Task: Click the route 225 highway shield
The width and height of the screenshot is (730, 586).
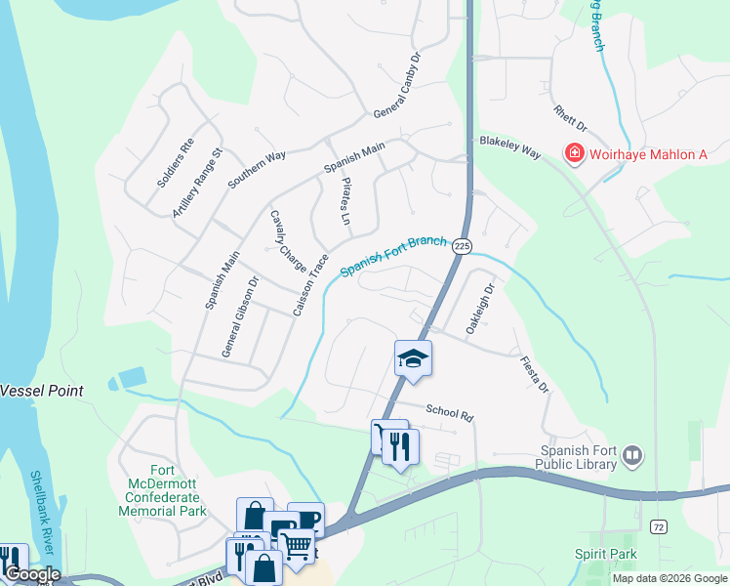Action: tap(463, 247)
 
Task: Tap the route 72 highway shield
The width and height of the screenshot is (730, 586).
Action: tap(659, 526)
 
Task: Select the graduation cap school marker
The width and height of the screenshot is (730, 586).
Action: tap(413, 358)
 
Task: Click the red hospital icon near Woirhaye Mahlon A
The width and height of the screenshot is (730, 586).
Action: tap(574, 153)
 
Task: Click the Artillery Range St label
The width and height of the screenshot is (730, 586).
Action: tap(198, 183)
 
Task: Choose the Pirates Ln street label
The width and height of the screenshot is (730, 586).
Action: tap(345, 201)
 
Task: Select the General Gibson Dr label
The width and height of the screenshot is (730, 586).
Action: tap(239, 316)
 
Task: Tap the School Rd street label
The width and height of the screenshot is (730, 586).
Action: tap(449, 412)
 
